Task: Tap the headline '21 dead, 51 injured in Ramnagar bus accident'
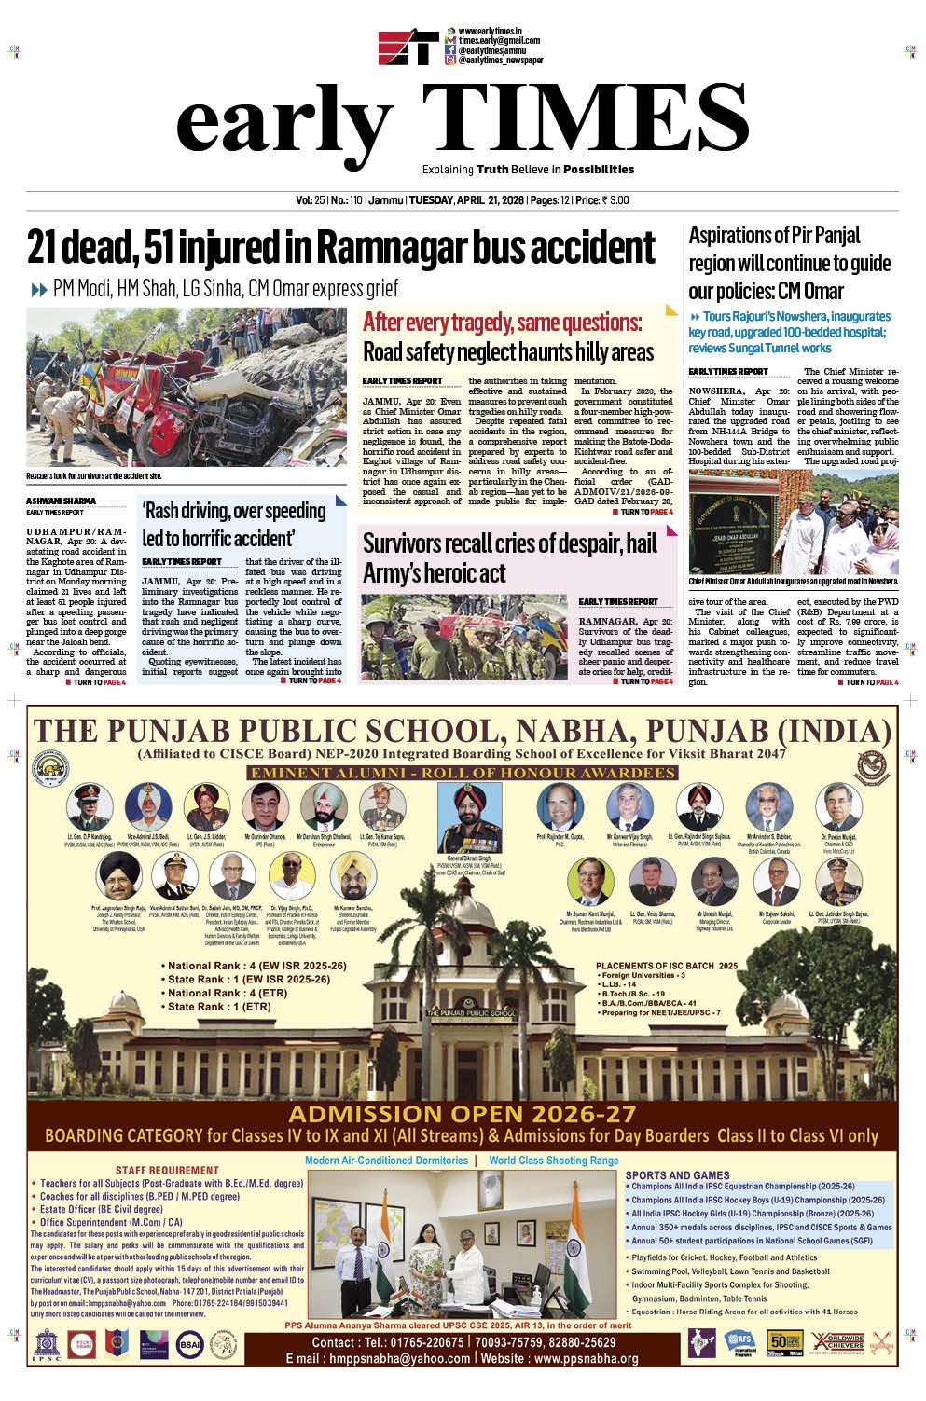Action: tap(340, 248)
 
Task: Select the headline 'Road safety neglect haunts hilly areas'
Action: tap(507, 352)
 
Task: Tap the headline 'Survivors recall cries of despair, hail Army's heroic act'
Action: tap(509, 557)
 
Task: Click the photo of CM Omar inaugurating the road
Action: tap(794, 522)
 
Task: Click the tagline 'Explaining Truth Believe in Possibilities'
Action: tap(528, 170)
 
